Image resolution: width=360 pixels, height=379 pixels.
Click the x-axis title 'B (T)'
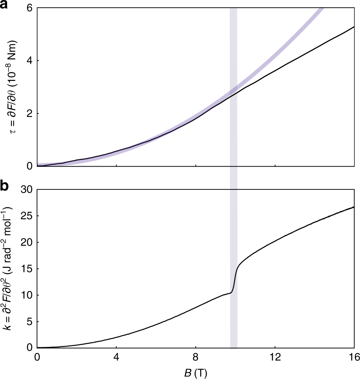point(196,372)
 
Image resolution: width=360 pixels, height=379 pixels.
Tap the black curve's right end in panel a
point(354,27)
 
